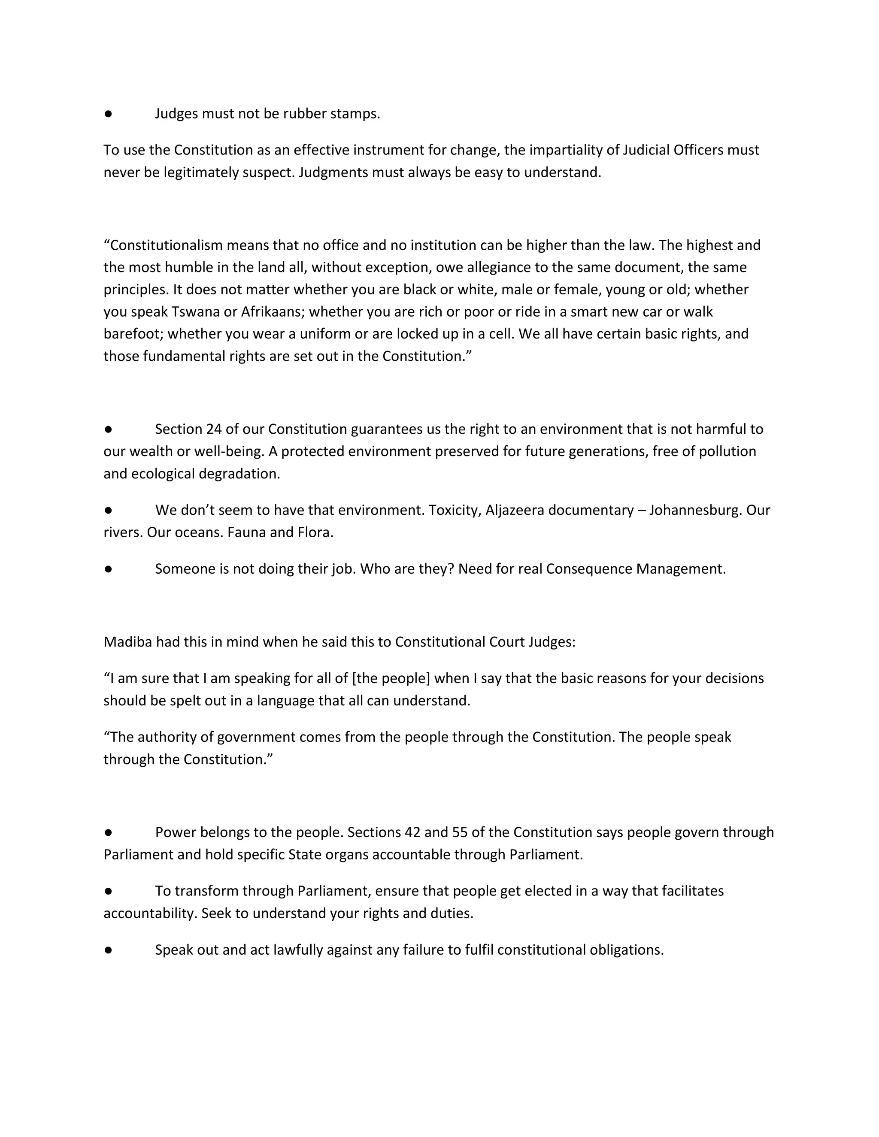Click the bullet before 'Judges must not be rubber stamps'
click(x=108, y=114)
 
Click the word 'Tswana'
click(x=196, y=312)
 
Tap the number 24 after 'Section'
click(x=213, y=429)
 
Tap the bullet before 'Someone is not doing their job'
click(x=108, y=569)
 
